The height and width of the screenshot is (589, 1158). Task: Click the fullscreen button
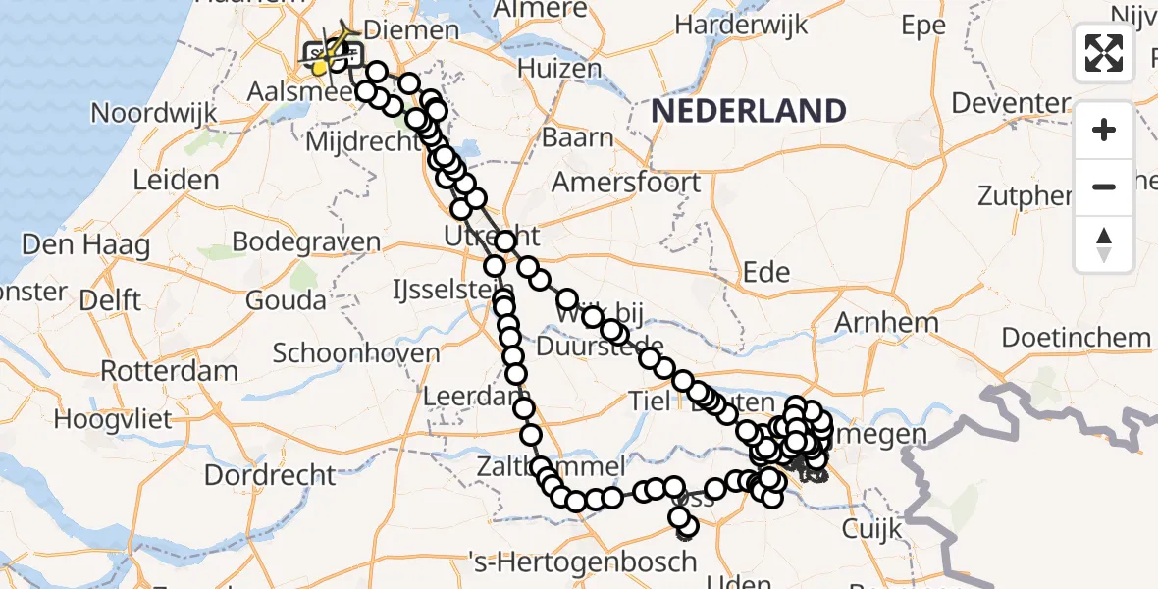(1104, 53)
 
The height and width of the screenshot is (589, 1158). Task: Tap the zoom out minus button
(1104, 187)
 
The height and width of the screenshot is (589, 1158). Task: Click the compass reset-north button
(1104, 243)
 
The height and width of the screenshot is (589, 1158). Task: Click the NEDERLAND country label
(750, 111)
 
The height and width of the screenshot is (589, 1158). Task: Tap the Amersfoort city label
(626, 183)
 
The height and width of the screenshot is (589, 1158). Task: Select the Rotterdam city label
(169, 372)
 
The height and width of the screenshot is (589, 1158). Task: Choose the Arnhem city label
(885, 322)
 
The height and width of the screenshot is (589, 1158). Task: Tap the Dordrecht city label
(270, 476)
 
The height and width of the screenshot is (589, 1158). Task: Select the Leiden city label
(177, 181)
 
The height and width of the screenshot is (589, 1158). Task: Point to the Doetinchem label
(1076, 338)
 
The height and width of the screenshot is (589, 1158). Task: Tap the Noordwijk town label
(153, 113)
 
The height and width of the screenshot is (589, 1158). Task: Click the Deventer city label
(1010, 103)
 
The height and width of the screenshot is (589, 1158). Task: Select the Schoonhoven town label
(356, 352)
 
